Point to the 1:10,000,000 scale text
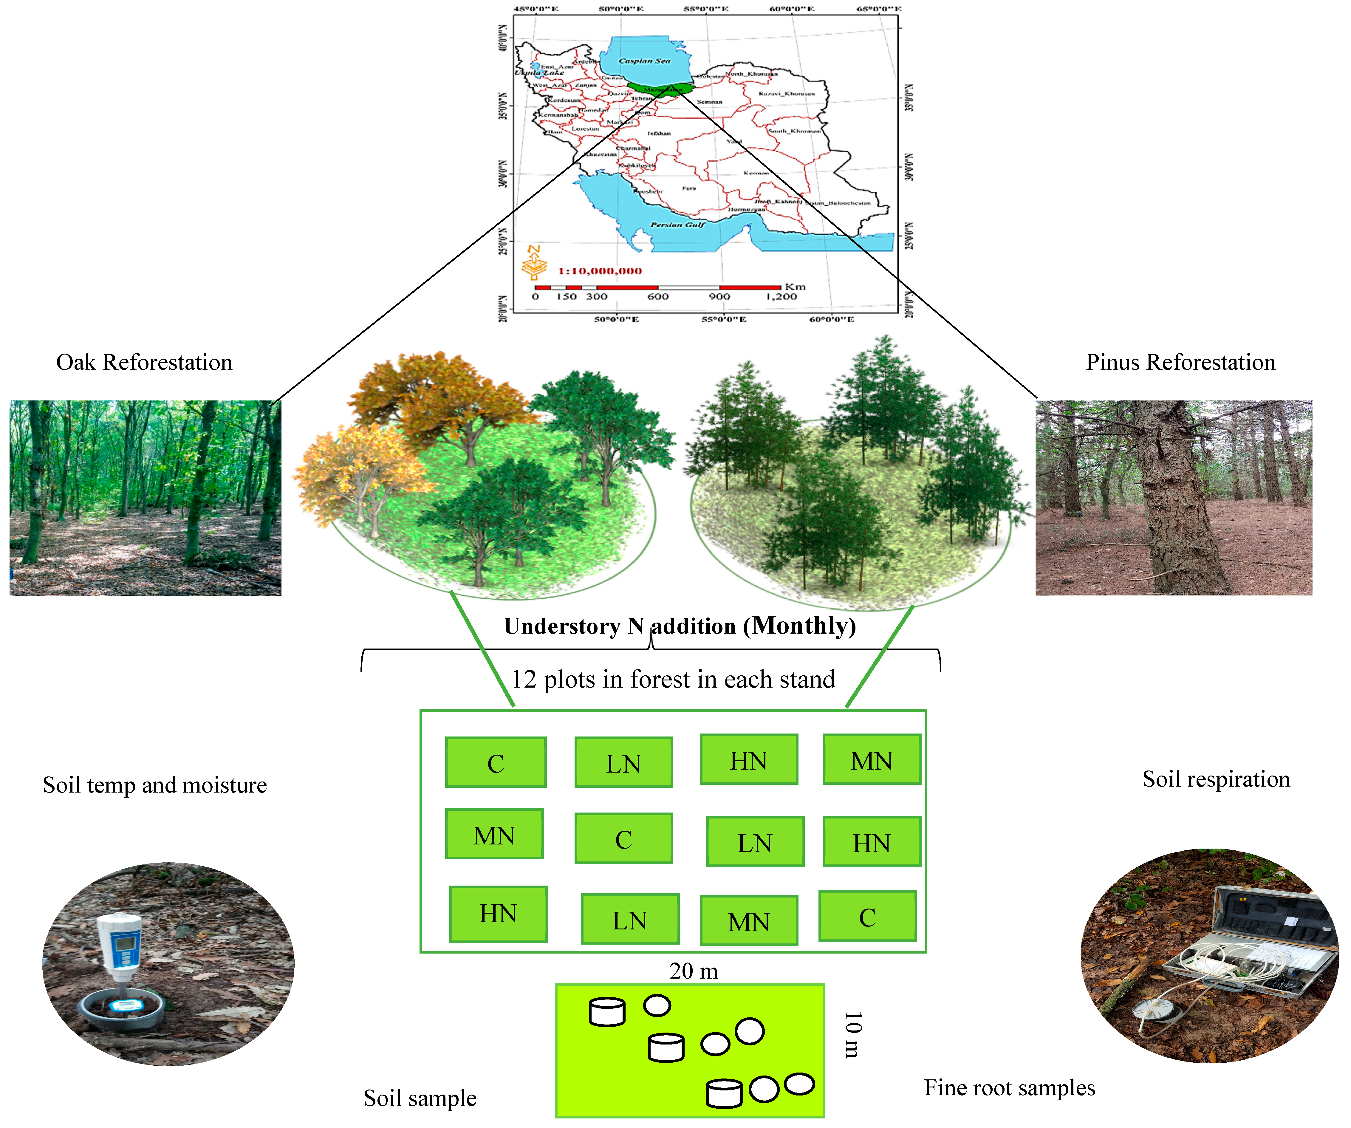pyautogui.click(x=600, y=271)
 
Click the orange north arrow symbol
pyautogui.click(x=534, y=262)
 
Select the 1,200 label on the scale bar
pyautogui.click(x=781, y=297)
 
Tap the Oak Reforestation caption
pyautogui.click(x=144, y=362)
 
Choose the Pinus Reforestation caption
pyautogui.click(x=1180, y=362)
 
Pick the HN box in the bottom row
pyautogui.click(x=498, y=914)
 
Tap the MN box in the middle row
pyautogui.click(x=494, y=835)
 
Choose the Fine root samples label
pyautogui.click(x=1009, y=1087)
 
